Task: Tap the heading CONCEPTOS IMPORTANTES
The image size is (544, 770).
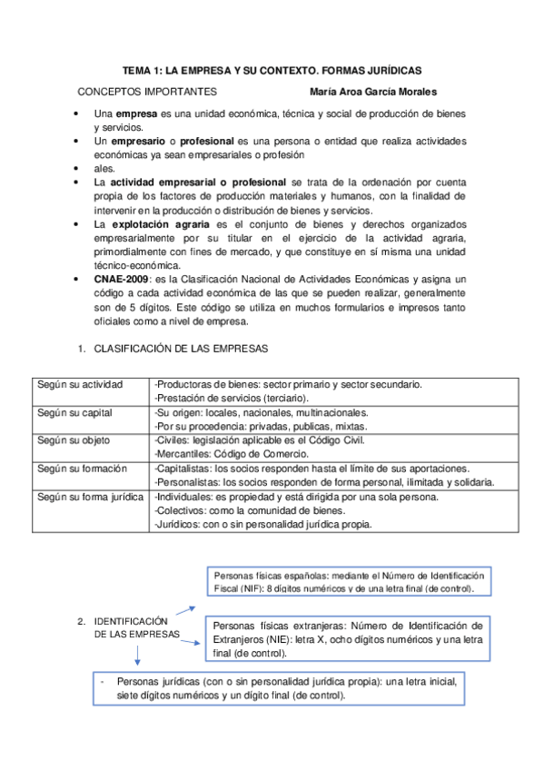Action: (146, 92)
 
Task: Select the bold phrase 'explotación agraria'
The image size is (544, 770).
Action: (161, 223)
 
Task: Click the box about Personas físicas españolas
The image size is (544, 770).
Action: (348, 582)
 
